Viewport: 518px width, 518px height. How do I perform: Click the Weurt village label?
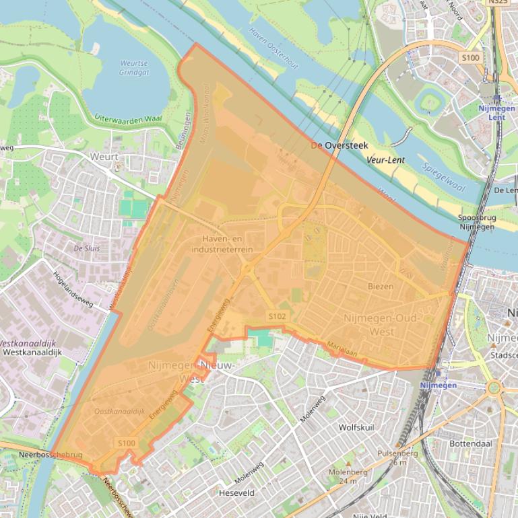coord(104,157)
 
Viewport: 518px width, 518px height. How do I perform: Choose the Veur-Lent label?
coord(386,161)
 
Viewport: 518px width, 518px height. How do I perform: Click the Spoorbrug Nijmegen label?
coord(476,222)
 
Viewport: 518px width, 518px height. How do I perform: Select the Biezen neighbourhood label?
coord(381,286)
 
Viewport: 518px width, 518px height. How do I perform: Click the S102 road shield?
coord(277,316)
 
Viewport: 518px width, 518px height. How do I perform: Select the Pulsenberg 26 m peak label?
coord(397,457)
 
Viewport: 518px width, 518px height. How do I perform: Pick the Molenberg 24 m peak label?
coord(347,476)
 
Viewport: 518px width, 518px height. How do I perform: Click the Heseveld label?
coord(236,493)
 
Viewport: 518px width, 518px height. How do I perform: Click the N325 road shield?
coord(498,2)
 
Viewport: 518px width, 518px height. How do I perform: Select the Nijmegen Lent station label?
coord(497,112)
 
